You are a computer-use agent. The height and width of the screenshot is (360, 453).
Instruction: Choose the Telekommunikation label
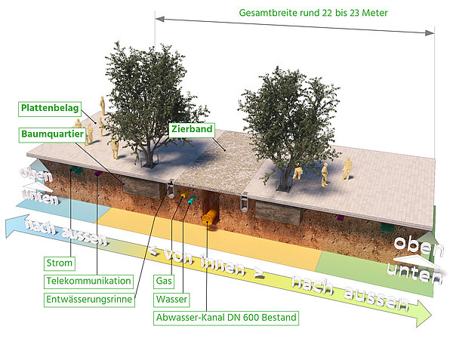pos(88,281)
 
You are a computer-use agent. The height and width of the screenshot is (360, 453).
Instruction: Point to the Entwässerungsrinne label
pos(89,299)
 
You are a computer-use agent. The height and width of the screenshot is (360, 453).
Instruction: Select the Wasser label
pos(171,299)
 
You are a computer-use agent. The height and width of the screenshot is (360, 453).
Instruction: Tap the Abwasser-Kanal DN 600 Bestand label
pos(226,317)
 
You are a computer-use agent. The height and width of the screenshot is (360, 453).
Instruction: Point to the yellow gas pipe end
pos(181,198)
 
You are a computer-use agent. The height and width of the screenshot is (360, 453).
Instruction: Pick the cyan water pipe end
pos(190,201)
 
